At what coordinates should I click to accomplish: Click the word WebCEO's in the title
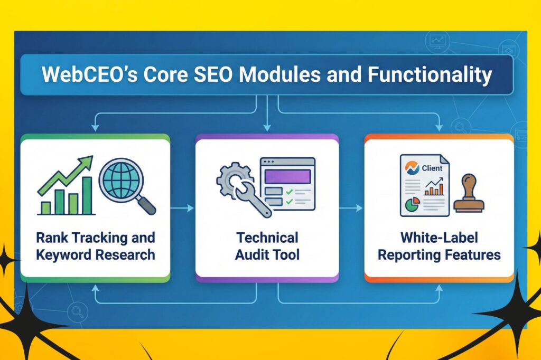click(89, 74)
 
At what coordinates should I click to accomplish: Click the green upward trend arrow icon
click(66, 176)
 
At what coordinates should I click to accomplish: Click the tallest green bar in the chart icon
click(87, 195)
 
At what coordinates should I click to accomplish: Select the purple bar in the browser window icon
click(287, 176)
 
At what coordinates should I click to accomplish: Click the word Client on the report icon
click(432, 168)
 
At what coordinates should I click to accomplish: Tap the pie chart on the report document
click(412, 204)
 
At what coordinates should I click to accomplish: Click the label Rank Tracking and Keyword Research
click(96, 246)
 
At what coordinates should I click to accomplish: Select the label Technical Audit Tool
click(267, 246)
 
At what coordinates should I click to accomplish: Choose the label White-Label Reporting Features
click(439, 246)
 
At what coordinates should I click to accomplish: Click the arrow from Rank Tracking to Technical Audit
click(182, 208)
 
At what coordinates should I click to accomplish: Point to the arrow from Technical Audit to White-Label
click(351, 208)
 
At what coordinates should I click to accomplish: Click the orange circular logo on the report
click(412, 168)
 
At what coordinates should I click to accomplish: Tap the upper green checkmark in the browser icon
click(289, 192)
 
